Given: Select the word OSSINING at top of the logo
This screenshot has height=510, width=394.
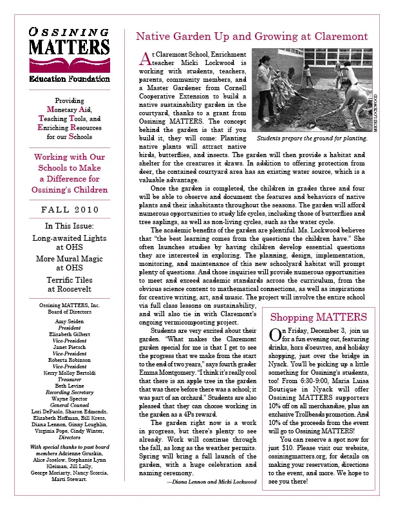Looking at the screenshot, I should pos(62,32).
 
